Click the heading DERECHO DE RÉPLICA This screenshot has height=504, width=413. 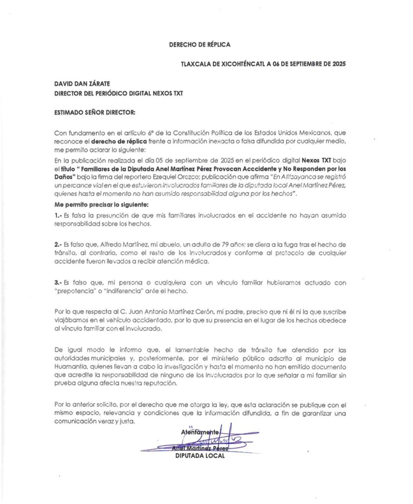click(x=200, y=44)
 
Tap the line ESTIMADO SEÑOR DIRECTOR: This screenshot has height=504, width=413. click(x=95, y=112)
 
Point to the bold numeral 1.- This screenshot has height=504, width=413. click(x=59, y=215)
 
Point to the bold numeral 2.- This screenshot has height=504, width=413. click(x=59, y=245)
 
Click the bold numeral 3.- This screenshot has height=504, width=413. click(x=59, y=283)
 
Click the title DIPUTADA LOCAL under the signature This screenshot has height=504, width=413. click(x=200, y=456)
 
